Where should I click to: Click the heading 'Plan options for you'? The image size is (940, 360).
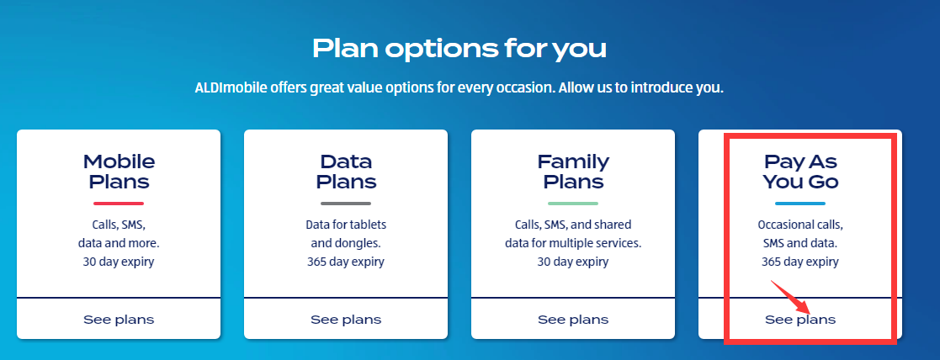tap(459, 49)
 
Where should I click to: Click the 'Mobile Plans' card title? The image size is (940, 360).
tap(119, 172)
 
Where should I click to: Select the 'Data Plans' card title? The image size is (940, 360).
tap(346, 172)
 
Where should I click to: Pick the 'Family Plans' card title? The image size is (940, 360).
tap(573, 172)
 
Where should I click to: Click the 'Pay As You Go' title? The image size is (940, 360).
tap(800, 172)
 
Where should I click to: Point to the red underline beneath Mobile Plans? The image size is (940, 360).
tap(119, 203)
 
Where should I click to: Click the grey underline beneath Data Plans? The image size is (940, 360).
tap(346, 203)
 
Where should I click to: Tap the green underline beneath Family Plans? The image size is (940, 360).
tap(573, 203)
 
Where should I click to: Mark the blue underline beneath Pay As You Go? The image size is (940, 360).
tap(800, 203)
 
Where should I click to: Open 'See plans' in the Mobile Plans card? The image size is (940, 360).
tap(119, 320)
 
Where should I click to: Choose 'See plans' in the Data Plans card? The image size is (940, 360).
tap(346, 320)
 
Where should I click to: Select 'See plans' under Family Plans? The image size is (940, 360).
tap(573, 320)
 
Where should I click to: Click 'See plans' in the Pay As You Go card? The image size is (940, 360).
tap(800, 320)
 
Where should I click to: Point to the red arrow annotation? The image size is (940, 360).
tap(791, 297)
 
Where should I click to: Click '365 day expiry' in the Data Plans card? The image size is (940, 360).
tap(346, 262)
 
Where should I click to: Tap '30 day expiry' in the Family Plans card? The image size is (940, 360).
tap(573, 262)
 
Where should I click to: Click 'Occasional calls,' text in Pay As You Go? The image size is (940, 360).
tap(800, 225)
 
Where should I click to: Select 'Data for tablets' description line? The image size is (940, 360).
tap(346, 225)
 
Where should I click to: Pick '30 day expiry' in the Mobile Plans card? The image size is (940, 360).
tap(119, 262)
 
